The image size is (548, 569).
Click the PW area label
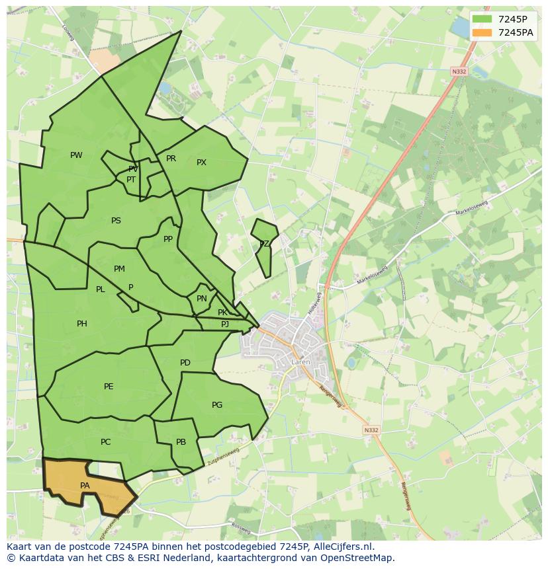click(x=76, y=155)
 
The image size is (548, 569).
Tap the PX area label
click(x=201, y=163)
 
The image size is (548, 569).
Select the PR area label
click(x=171, y=159)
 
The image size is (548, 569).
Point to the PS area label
click(x=116, y=221)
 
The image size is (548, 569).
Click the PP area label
click(x=168, y=239)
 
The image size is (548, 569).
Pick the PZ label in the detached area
click(x=264, y=244)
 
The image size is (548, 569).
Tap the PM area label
click(x=119, y=269)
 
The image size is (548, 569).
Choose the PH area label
click(x=81, y=324)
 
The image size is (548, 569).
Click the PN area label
click(x=202, y=299)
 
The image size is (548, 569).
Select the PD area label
click(x=185, y=363)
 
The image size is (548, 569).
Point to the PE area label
click(x=109, y=387)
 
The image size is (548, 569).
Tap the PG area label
click(x=217, y=405)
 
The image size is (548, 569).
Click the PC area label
click(x=105, y=442)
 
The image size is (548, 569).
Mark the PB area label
click(x=181, y=443)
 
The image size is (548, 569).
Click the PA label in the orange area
click(x=85, y=486)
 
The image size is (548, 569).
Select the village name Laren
click(x=300, y=362)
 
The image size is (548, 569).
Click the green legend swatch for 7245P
click(x=482, y=19)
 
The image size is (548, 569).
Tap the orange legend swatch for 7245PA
click(x=482, y=32)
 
